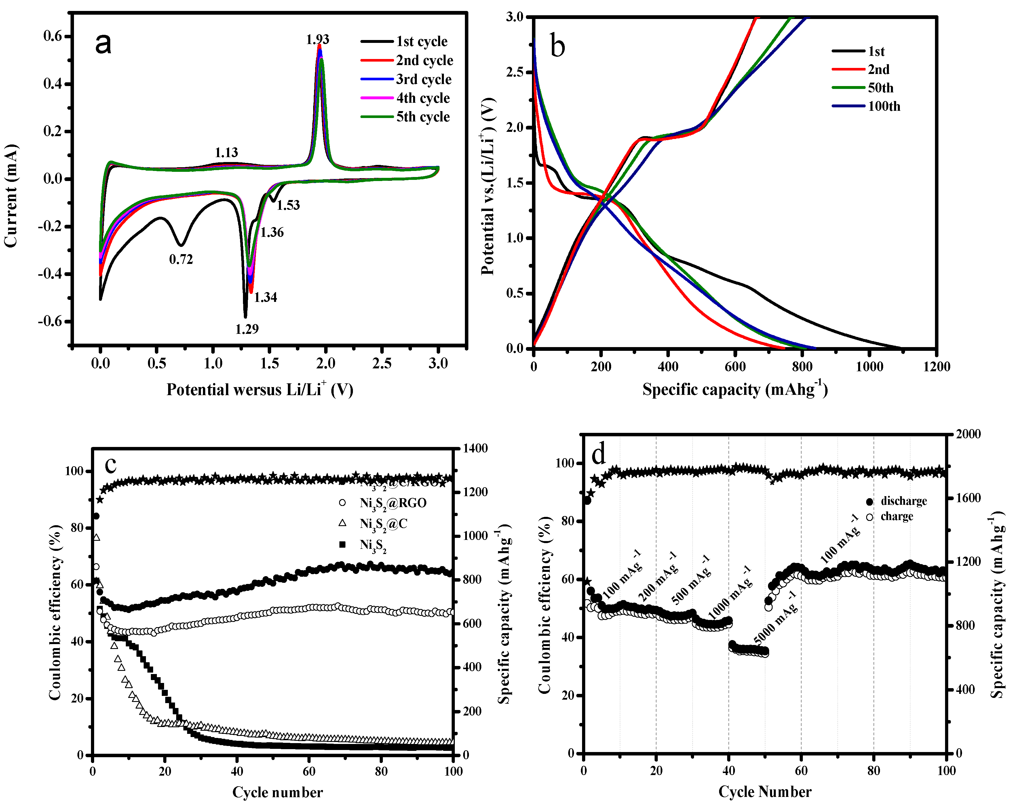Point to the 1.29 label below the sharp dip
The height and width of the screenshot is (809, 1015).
pyautogui.click(x=247, y=329)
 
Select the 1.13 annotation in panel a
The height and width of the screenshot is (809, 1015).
pyautogui.click(x=227, y=153)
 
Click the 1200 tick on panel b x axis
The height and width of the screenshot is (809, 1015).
pyautogui.click(x=936, y=367)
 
